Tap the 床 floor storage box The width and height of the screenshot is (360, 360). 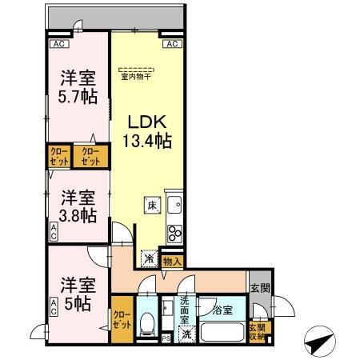(x=151, y=205)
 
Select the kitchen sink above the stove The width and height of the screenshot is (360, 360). (x=174, y=204)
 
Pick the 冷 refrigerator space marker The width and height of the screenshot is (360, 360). (x=150, y=258)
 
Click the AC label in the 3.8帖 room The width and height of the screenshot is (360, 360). (x=54, y=233)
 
